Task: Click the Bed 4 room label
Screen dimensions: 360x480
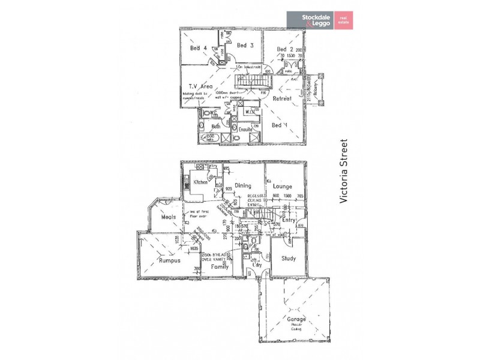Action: [x=199, y=48]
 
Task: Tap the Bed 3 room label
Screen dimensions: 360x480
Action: [x=245, y=45]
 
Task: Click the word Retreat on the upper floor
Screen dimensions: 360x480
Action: [x=281, y=98]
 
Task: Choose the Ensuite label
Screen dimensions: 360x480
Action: [x=246, y=128]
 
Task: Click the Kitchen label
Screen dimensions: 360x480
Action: [x=200, y=182]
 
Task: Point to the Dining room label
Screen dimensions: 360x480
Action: [x=243, y=185]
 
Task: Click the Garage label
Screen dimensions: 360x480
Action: [x=295, y=319]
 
